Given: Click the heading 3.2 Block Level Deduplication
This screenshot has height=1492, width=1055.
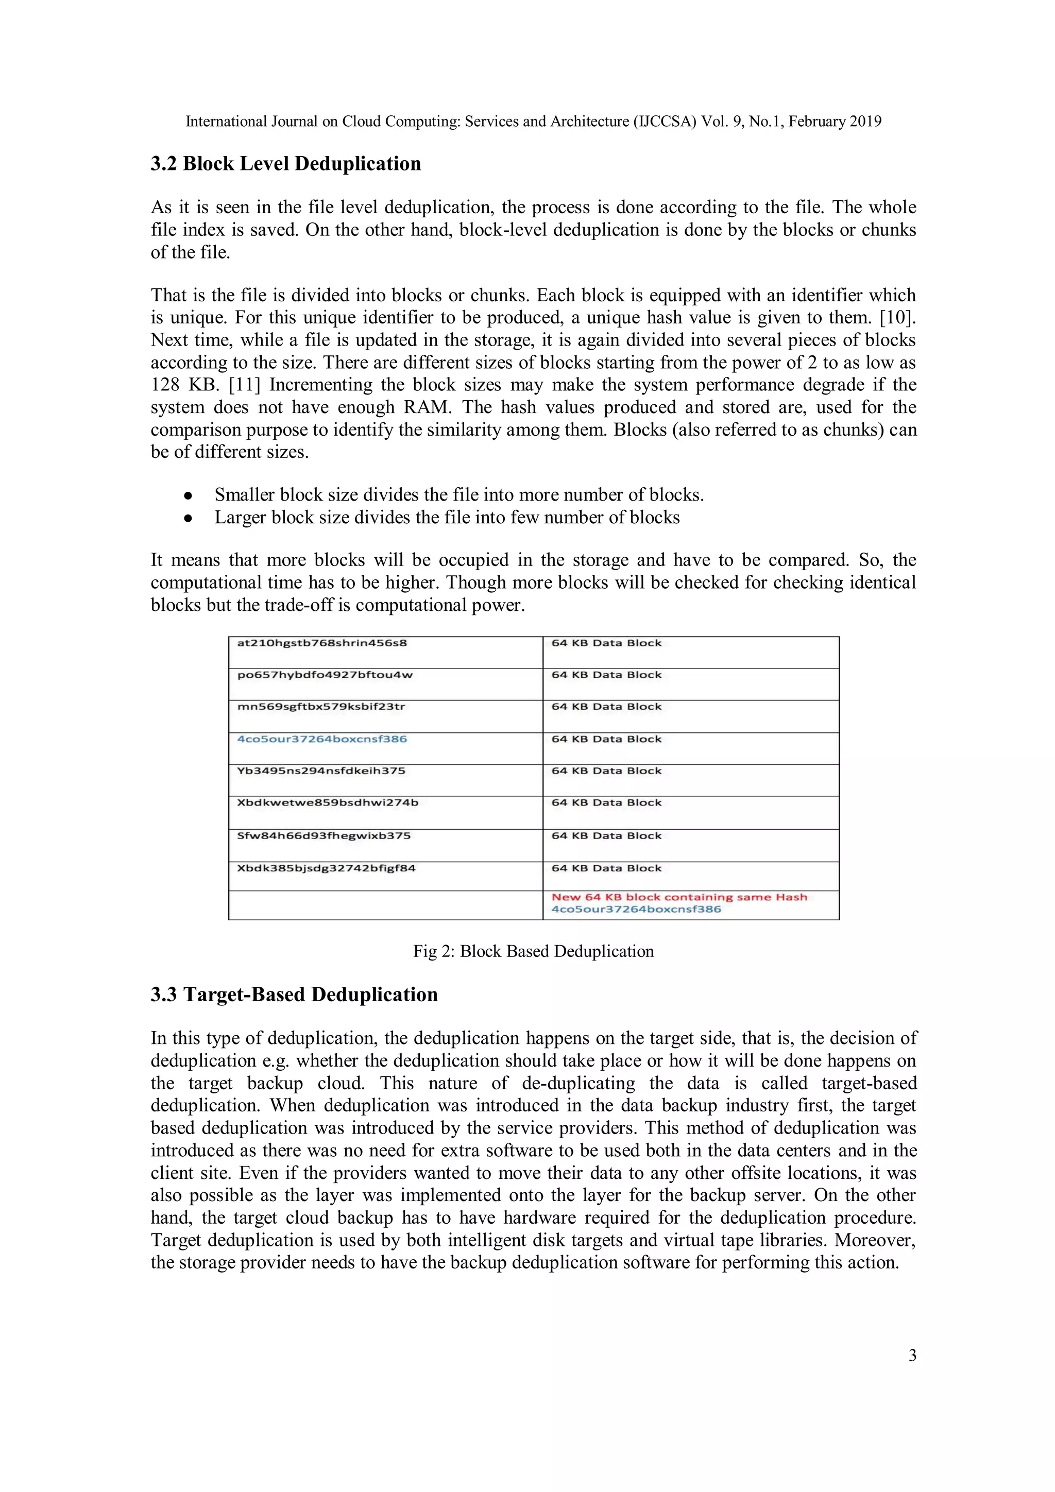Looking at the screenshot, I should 285,164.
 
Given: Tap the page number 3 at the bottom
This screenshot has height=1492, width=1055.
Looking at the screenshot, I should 912,1355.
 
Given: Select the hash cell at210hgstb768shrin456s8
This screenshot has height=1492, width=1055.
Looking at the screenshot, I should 322,643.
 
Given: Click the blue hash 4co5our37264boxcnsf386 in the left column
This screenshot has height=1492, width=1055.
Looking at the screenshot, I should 322,739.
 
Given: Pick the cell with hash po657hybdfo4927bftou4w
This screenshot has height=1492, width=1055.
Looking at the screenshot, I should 325,675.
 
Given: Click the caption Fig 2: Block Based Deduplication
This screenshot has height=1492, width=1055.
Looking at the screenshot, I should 533,951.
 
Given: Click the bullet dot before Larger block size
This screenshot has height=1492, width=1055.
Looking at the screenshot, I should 188,518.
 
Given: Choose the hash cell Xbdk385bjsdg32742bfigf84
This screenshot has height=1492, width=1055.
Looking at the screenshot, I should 326,868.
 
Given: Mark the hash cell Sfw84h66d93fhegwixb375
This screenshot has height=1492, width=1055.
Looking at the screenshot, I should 324,836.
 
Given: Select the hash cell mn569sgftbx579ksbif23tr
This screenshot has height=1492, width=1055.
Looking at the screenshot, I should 321,707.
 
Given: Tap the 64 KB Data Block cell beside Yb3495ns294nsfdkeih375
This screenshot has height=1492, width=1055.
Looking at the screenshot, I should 606,771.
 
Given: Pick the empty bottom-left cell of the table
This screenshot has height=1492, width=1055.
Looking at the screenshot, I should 385,905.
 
